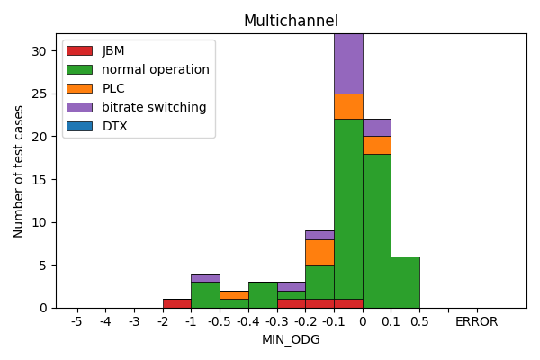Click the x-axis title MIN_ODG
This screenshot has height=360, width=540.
[291, 339]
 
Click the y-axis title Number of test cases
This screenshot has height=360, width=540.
[19, 171]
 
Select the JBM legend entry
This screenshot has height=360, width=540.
[113, 50]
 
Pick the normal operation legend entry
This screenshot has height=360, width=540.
[155, 69]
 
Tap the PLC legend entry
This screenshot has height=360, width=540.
[113, 88]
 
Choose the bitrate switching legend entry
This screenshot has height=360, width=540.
[154, 107]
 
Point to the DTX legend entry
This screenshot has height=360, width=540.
[114, 126]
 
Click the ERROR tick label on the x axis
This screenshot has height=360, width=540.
[476, 321]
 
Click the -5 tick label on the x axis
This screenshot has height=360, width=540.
[76, 321]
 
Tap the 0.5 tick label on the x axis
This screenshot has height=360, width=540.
[419, 321]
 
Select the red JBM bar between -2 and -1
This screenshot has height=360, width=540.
[176, 303]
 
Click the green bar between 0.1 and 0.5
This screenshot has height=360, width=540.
[405, 282]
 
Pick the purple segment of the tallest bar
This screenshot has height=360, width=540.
[348, 63]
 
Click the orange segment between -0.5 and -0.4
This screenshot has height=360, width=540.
[234, 294]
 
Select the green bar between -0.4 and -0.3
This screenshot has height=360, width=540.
[262, 294]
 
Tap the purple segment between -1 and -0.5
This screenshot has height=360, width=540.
[205, 277]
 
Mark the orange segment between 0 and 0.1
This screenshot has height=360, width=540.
[376, 145]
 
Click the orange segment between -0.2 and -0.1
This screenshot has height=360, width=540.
[319, 252]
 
